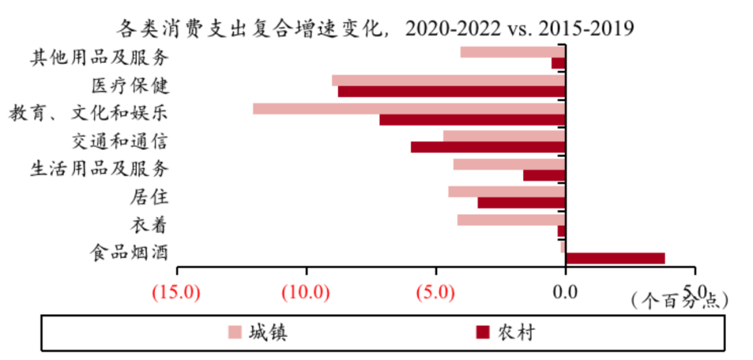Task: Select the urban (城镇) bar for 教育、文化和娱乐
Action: (x=409, y=108)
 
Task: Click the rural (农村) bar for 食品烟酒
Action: (x=614, y=258)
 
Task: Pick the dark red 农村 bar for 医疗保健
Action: (x=451, y=91)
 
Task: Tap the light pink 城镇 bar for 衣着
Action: (x=510, y=220)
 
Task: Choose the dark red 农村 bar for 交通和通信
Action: (x=487, y=147)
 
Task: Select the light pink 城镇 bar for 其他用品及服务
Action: (x=512, y=52)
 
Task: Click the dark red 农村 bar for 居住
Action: (x=521, y=203)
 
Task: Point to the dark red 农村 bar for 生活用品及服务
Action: (x=544, y=175)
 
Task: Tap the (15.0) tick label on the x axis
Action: (x=177, y=292)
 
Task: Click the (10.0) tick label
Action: (x=307, y=292)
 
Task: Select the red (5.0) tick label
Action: (x=436, y=292)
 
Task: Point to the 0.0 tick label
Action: (x=565, y=292)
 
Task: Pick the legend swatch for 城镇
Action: (x=234, y=332)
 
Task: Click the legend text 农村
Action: (x=516, y=333)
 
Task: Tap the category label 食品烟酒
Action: (x=130, y=253)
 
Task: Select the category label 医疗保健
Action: (x=130, y=86)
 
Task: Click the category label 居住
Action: (x=149, y=197)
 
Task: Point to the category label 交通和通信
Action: (x=120, y=142)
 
